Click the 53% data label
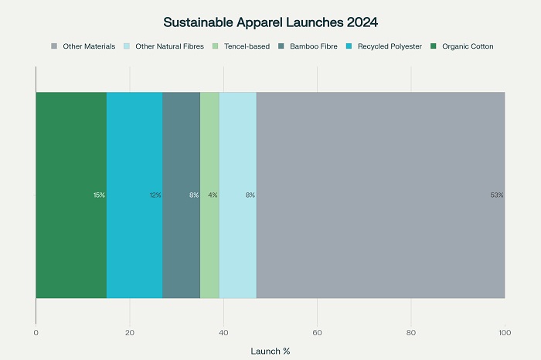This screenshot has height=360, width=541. tap(496, 195)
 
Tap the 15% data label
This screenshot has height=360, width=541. tap(99, 195)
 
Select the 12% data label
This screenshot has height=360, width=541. tap(155, 195)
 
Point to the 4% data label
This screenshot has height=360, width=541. tap(213, 195)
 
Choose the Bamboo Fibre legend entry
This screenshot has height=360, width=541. tap(312, 46)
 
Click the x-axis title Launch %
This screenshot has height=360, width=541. tap(270, 351)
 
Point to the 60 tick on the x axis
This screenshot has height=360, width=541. tap(317, 333)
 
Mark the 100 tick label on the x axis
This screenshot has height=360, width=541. tap(505, 333)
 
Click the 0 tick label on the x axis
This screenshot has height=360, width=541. tap(36, 333)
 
